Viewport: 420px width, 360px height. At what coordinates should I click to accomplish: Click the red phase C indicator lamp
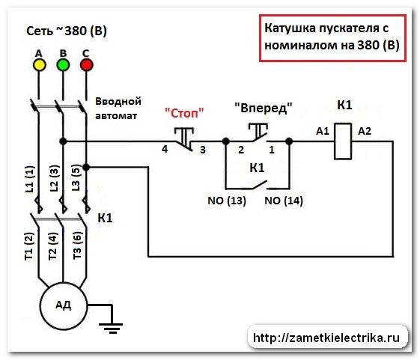point(87,65)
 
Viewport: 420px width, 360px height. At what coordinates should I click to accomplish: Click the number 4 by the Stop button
point(163,150)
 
